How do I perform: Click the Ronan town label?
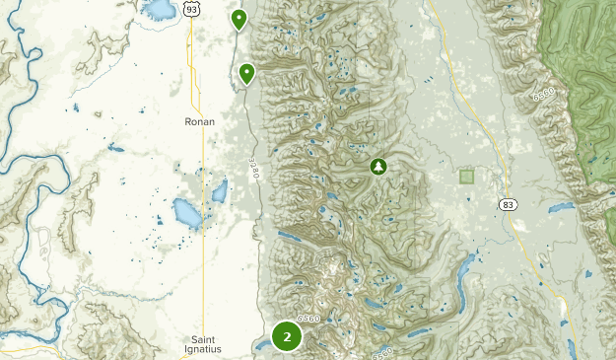click(x=199, y=122)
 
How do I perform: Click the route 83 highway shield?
click(x=507, y=204)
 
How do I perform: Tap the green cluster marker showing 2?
click(x=287, y=336)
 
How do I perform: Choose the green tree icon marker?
click(x=377, y=167)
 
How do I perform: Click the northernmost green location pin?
click(x=239, y=18)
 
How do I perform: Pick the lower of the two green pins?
click(x=246, y=72)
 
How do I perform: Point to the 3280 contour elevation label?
click(x=252, y=169)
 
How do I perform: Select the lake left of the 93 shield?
click(x=159, y=10)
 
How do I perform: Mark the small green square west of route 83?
click(x=466, y=177)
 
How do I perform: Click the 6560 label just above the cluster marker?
click(x=308, y=318)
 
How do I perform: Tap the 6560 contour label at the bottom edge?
click(x=381, y=352)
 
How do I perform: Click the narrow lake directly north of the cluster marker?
click(x=293, y=240)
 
